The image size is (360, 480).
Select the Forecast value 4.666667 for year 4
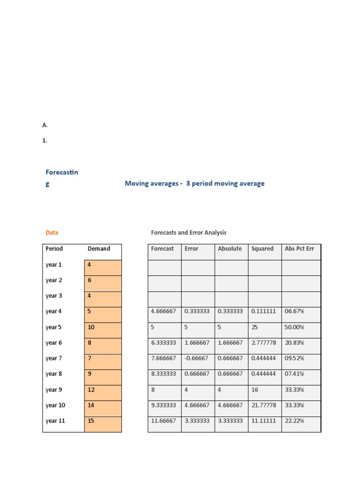[164, 311]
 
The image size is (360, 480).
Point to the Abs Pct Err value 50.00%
[294, 327]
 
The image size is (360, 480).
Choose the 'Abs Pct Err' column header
[299, 249]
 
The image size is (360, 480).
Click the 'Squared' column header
[262, 249]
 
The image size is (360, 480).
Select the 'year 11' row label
[55, 421]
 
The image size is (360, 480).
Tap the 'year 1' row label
[53, 265]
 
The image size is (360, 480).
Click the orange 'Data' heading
[52, 232]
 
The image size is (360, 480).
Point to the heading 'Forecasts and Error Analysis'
[188, 232]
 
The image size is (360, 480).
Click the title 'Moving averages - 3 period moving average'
[195, 184]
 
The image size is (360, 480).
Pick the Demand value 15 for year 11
[91, 421]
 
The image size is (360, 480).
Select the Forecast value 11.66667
[164, 421]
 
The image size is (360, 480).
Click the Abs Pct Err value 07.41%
[294, 374]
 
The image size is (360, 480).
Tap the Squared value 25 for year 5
[255, 327]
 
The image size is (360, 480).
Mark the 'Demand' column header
[99, 249]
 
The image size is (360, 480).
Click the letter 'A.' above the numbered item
[45, 125]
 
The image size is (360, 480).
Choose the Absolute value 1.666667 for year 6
[230, 343]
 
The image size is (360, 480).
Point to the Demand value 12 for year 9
[91, 390]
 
